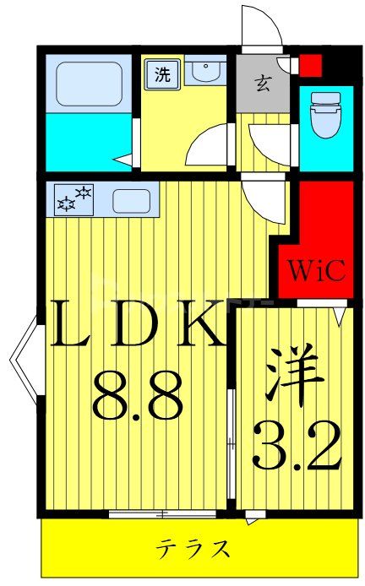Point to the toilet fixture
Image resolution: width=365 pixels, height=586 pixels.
[325, 115]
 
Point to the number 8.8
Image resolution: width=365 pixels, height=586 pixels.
[138, 397]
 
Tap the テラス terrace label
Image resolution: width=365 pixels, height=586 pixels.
[193, 550]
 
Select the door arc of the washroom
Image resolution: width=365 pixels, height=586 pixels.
[208, 145]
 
